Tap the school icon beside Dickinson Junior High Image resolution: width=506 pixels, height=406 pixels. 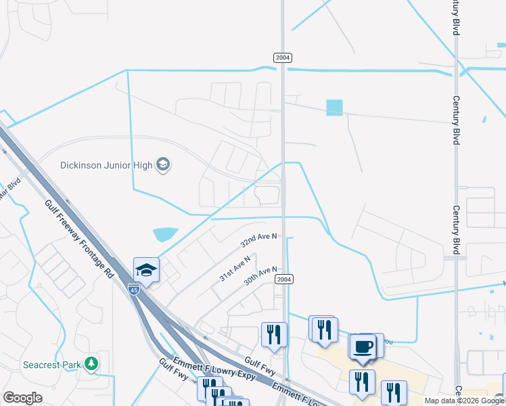[x=162, y=164]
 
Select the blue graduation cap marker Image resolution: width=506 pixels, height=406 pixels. [x=146, y=270]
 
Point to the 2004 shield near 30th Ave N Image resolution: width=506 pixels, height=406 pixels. [x=284, y=279]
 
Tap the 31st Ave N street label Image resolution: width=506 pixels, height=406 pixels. [x=235, y=268]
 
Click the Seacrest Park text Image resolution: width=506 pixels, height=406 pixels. [x=52, y=364]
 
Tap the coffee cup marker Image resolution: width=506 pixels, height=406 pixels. [x=363, y=346]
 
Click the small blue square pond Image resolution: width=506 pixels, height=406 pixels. [x=334, y=108]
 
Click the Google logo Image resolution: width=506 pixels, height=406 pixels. [x=22, y=398]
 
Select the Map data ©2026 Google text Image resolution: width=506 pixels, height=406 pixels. [x=464, y=401]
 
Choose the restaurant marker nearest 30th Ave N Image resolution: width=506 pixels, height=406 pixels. [x=274, y=334]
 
